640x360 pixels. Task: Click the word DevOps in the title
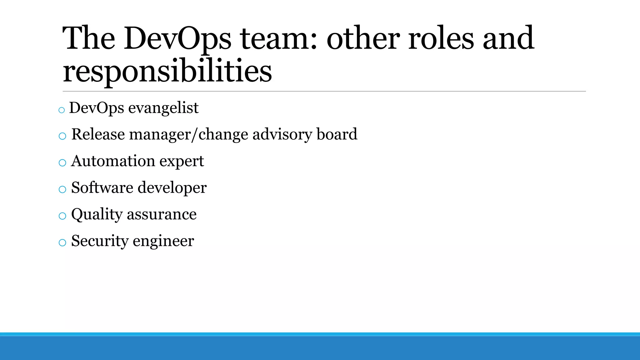177,38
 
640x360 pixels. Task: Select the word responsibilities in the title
167,71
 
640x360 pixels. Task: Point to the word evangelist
163,108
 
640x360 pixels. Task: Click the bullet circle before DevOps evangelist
62,110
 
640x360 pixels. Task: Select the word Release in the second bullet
98,134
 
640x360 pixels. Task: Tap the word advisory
282,134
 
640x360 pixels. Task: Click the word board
337,134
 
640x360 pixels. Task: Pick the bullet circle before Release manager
62,136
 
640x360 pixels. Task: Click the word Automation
113,161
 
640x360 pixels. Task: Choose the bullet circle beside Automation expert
62,163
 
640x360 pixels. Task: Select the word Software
102,188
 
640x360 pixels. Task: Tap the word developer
172,188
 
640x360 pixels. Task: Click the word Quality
97,215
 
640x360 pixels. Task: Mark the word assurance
162,215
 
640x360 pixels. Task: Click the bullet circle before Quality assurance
62,216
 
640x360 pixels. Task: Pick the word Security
100,241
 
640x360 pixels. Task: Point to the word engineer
163,241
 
